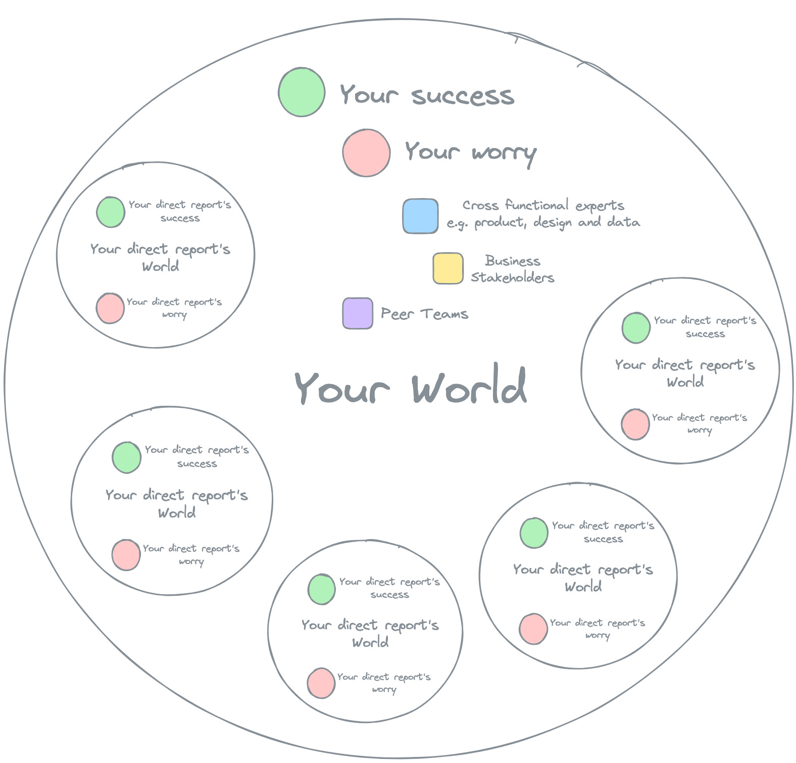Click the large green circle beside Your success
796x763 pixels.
(302, 92)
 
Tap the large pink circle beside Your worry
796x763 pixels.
(366, 153)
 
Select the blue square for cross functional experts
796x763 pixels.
(420, 216)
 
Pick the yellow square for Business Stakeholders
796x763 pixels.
(448, 268)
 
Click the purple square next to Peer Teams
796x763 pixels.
(358, 313)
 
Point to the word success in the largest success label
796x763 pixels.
(463, 96)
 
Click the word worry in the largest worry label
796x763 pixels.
(504, 153)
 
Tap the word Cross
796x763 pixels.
(480, 206)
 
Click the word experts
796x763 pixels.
(600, 206)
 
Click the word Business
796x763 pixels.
(513, 261)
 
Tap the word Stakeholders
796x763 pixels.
(513, 277)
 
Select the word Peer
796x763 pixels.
(397, 314)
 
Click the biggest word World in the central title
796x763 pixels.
(469, 387)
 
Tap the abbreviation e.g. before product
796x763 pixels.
(458, 223)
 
